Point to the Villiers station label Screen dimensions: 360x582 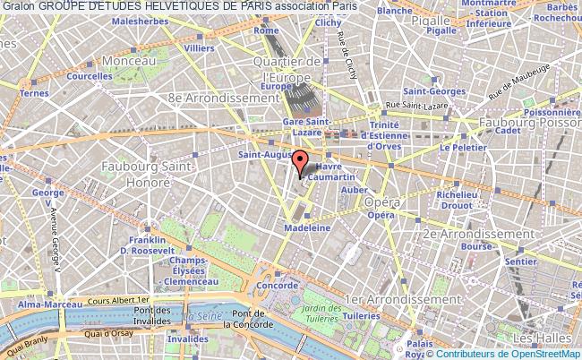198,47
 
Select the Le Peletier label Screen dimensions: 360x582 456,147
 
